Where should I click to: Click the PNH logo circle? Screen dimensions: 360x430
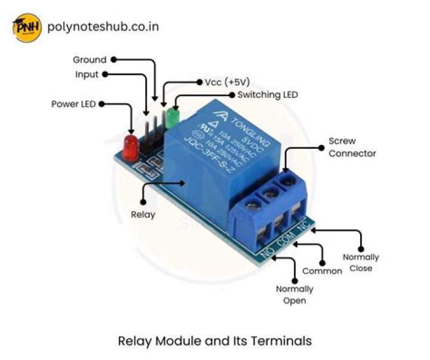click(x=27, y=27)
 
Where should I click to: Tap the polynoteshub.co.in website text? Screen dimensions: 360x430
click(x=102, y=27)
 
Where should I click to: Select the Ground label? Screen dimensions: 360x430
click(x=90, y=60)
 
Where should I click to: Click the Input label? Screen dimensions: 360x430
click(x=87, y=75)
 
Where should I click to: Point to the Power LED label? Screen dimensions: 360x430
click(x=73, y=104)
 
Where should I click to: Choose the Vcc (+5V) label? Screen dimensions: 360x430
click(x=227, y=82)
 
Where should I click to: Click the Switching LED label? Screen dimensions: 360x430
click(x=267, y=95)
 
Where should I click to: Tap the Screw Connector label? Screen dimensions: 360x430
click(x=352, y=147)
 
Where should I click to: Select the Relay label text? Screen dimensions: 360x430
click(x=143, y=214)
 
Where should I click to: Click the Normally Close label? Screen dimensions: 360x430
click(x=361, y=263)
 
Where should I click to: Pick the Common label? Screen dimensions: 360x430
click(x=322, y=271)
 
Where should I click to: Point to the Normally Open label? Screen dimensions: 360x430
click(x=295, y=295)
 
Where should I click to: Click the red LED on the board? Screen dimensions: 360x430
click(x=130, y=147)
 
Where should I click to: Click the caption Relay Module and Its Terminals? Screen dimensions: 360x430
click(x=215, y=341)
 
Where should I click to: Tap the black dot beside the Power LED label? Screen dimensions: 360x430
click(x=101, y=104)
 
